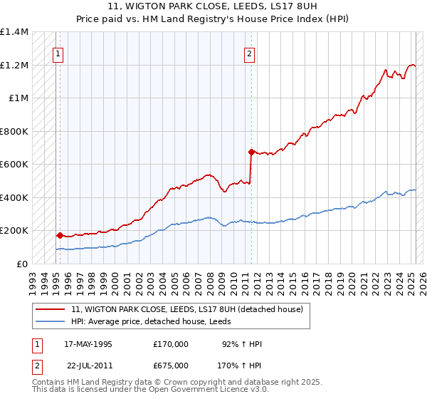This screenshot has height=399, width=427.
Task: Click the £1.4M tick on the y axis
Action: (x=15, y=32)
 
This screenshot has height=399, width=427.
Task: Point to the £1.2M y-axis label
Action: (x=15, y=66)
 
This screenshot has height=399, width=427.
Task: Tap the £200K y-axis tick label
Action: (x=14, y=231)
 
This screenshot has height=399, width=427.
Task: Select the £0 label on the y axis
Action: (x=23, y=264)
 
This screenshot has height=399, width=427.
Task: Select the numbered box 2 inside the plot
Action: (x=250, y=52)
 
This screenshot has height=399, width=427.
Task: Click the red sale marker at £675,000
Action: (x=251, y=152)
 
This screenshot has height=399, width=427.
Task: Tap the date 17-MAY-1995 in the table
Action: (x=88, y=344)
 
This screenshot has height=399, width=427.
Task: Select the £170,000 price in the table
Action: (x=171, y=344)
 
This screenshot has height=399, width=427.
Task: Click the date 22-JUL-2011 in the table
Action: (x=88, y=366)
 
